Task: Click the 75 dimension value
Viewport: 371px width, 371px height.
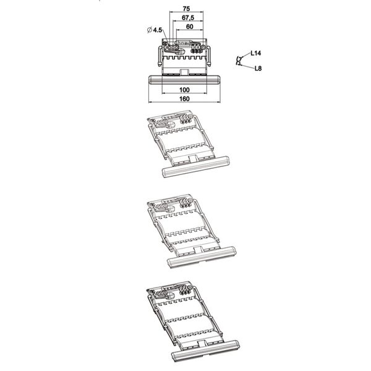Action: pyautogui.click(x=186, y=9)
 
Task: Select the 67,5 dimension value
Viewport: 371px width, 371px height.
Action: pyautogui.click(x=188, y=17)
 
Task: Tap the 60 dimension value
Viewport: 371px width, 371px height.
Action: pyautogui.click(x=190, y=27)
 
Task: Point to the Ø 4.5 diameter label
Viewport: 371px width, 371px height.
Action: pyautogui.click(x=154, y=30)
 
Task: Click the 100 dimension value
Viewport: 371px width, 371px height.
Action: pyautogui.click(x=184, y=90)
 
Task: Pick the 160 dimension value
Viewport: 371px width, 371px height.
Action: pyautogui.click(x=184, y=99)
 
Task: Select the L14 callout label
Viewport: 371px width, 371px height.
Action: pyautogui.click(x=256, y=53)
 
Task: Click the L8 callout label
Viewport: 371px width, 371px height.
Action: pyautogui.click(x=258, y=69)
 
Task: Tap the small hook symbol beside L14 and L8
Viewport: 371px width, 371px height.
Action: pyautogui.click(x=239, y=61)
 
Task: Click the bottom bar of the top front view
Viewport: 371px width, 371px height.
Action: pyautogui.click(x=184, y=80)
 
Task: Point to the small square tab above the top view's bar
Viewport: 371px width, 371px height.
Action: pyautogui.click(x=184, y=72)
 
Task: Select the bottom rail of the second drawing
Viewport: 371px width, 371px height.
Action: pyautogui.click(x=196, y=166)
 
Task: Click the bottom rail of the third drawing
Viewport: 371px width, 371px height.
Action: pyautogui.click(x=202, y=257)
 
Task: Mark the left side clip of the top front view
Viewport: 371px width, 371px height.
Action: pyautogui.click(x=160, y=56)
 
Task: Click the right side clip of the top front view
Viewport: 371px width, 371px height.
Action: pyautogui.click(x=209, y=56)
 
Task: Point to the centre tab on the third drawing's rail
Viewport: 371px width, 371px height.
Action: pyautogui.click(x=198, y=250)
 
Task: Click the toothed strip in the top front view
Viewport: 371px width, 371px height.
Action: pyautogui.click(x=184, y=58)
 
